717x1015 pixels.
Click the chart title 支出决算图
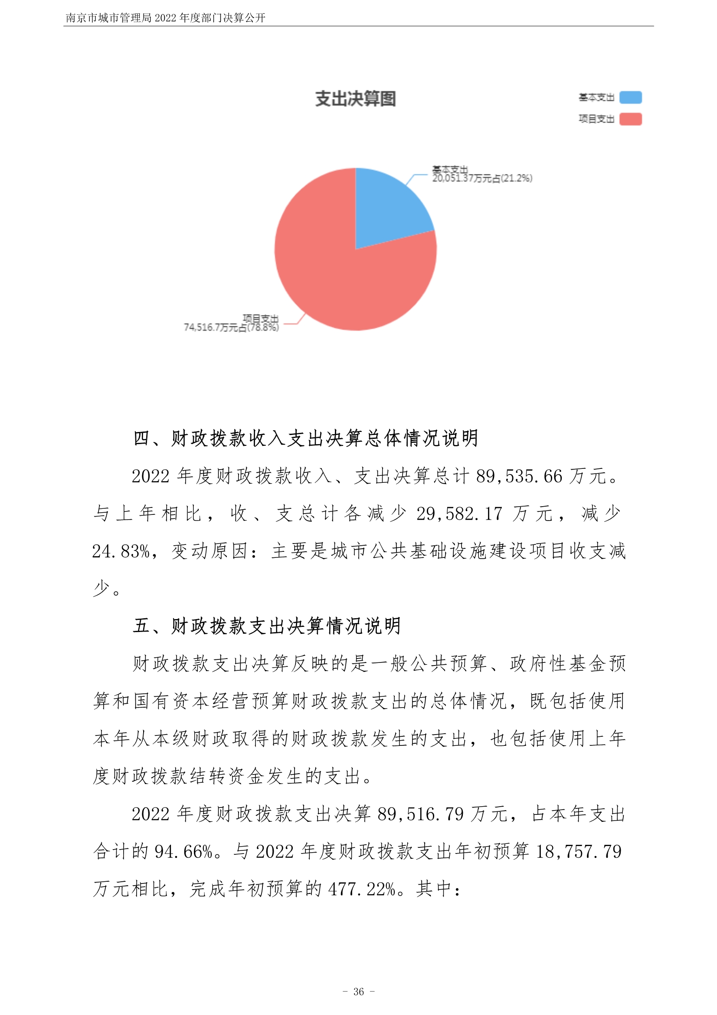(355, 99)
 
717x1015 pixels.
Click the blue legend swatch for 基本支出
(630, 97)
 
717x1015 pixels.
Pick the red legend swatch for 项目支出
(630, 119)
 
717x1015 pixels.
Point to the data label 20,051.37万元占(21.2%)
(482, 178)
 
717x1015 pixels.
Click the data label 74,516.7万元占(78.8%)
(231, 327)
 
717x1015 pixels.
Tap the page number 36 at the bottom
(359, 992)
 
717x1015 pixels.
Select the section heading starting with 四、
(306, 438)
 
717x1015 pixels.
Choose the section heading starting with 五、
(267, 626)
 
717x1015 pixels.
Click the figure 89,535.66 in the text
(519, 476)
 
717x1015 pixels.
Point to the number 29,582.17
(459, 514)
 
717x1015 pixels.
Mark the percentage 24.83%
(121, 551)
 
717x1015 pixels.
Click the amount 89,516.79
(421, 814)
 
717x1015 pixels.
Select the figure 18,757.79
(579, 851)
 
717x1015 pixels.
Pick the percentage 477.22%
(362, 889)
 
